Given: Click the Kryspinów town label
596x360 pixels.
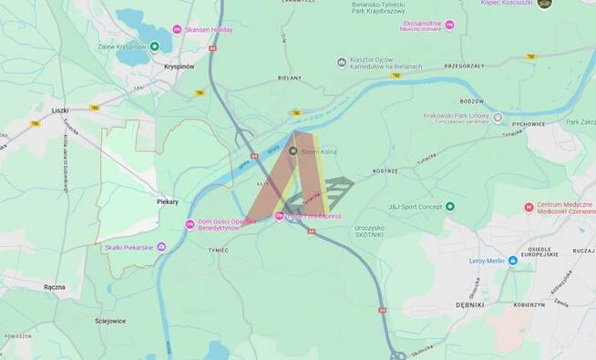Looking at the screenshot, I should coord(180,67).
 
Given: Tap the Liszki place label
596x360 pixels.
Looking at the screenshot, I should coord(60,110).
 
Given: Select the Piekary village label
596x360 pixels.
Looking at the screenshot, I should coord(168,201).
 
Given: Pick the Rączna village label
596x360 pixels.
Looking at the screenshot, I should coord(54,286).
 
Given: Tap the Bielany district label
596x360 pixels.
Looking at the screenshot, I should coord(290,77).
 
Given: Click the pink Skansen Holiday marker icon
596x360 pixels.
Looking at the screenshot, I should coord(177,30).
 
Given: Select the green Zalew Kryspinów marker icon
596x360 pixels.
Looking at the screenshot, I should coord(154,46).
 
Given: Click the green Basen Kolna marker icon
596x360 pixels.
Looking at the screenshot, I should coord(293,150).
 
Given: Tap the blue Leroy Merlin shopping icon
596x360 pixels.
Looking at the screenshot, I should coord(512,261).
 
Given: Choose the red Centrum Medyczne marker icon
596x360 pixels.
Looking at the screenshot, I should coord(529,207).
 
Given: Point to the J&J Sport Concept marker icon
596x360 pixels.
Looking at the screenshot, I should coord(449,207).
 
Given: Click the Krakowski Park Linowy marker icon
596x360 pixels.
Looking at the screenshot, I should coord(498,118).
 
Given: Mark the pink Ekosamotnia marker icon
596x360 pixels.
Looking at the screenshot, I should coord(449,26).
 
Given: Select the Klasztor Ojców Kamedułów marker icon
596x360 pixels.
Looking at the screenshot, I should coord(343,62).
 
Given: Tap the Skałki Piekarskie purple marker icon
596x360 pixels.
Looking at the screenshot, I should coord(161,246).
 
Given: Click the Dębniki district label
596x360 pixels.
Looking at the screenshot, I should coord(470,305).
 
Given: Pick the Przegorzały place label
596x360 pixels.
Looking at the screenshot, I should coord(464,67).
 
